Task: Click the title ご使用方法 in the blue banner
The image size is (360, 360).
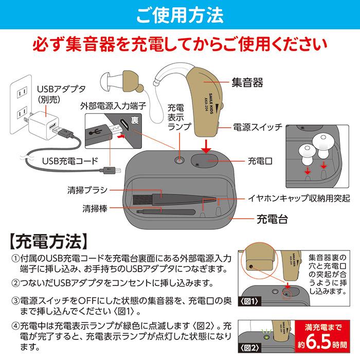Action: click(x=179, y=14)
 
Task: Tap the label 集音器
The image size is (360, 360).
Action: click(x=247, y=82)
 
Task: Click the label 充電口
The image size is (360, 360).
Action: click(x=259, y=161)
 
